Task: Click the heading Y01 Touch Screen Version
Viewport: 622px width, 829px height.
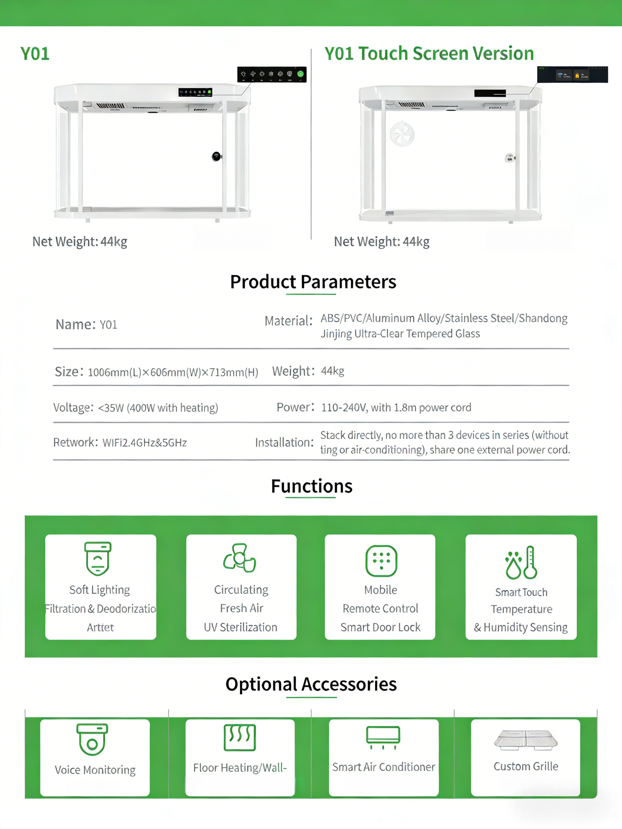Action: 429,53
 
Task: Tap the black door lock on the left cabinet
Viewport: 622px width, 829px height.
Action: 216,156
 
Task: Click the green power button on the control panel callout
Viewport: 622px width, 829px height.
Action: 300,74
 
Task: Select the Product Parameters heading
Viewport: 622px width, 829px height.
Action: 313,282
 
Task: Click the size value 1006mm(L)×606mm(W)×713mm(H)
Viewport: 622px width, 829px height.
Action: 173,372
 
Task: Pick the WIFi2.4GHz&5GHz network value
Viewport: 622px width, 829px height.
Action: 145,443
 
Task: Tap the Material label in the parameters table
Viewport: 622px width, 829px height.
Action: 288,321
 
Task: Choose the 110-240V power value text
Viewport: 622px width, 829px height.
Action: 396,407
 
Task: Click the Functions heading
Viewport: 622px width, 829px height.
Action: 312,486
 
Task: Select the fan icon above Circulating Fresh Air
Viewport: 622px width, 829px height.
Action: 240,558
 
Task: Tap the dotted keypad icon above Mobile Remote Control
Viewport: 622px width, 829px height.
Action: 381,561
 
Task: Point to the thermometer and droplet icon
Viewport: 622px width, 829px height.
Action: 521,562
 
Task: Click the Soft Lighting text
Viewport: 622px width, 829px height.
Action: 100,589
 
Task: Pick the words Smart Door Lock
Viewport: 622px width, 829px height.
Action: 381,627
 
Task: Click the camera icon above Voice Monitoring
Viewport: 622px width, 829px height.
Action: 92,739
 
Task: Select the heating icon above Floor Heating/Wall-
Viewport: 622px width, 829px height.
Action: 240,737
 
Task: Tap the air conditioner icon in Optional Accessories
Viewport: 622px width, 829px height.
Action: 383,737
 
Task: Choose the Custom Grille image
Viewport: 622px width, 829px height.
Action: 526,740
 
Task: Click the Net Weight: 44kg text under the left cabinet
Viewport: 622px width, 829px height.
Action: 80,242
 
